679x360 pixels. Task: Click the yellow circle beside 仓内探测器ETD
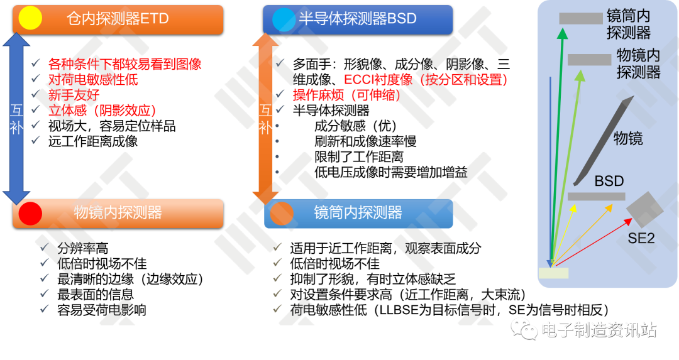coord(30,18)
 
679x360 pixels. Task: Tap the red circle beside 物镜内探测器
coord(30,214)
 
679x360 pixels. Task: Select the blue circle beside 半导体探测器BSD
coord(284,19)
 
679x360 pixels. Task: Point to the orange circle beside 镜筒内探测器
coord(282,214)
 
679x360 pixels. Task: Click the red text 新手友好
coord(74,95)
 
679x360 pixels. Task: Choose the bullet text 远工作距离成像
coord(92,141)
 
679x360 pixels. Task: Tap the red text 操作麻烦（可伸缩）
coord(346,95)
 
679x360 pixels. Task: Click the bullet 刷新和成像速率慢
coord(365,141)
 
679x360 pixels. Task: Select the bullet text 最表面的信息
coord(96,295)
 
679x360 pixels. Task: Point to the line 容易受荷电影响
coord(102,310)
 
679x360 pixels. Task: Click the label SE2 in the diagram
coord(641,238)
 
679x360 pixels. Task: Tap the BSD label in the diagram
coord(609,181)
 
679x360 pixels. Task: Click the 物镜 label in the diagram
coord(628,138)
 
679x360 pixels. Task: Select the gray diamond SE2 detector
coord(645,209)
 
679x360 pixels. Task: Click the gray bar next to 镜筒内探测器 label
coord(581,18)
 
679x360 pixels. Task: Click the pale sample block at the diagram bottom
coord(553,273)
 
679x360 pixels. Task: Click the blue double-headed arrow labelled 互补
coord(16,119)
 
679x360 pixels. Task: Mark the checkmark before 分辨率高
coord(45,248)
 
